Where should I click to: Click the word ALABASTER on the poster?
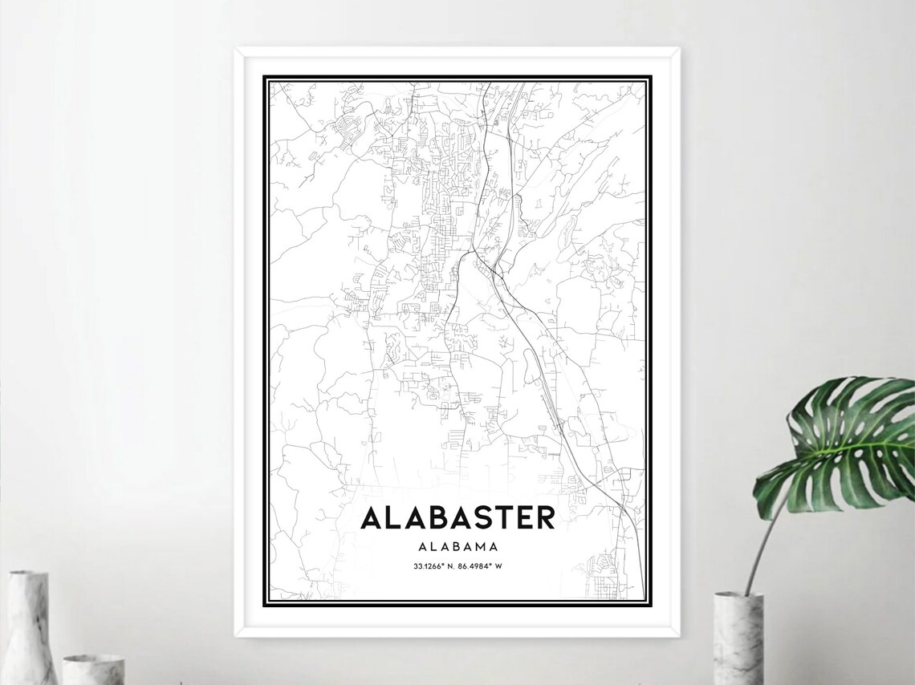tap(458, 517)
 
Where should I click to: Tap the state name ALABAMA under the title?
tap(458, 546)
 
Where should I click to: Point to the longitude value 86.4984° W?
tap(481, 567)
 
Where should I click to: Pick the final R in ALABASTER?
tap(544, 517)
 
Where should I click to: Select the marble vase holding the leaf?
tap(738, 638)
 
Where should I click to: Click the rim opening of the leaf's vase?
tap(738, 595)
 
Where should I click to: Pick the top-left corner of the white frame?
tap(237, 50)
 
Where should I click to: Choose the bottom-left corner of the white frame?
tap(237, 634)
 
